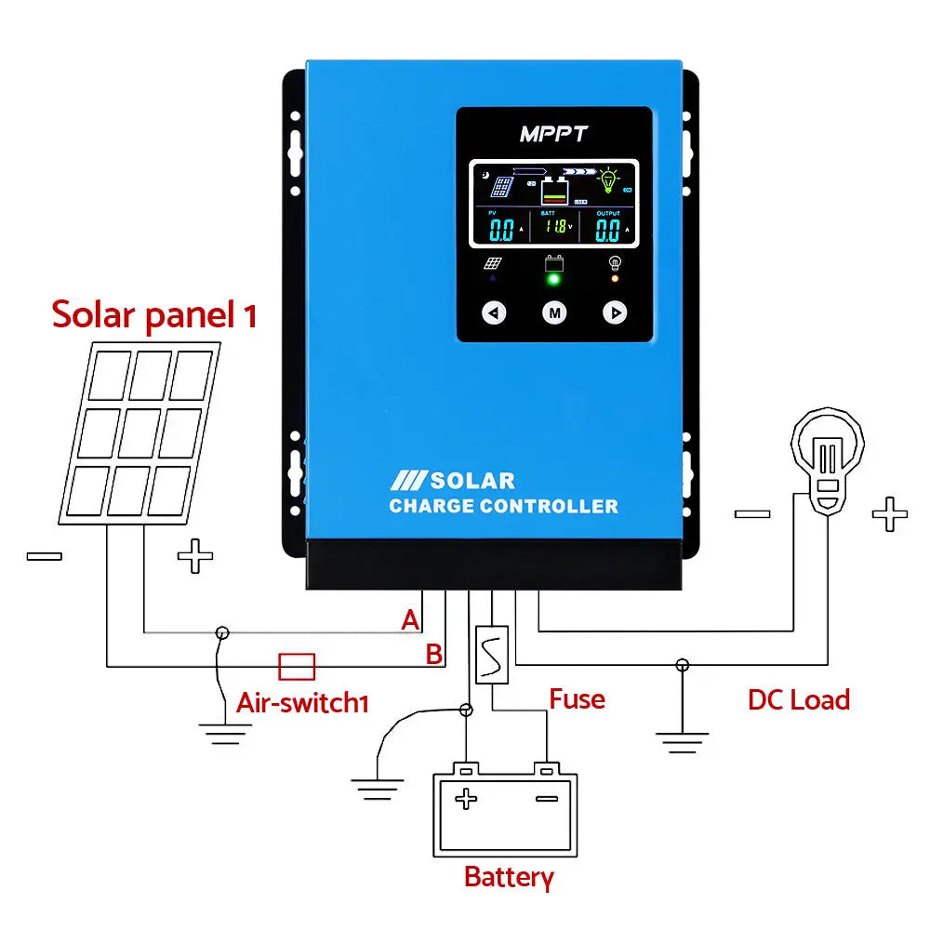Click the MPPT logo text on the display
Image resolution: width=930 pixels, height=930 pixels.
pos(553,134)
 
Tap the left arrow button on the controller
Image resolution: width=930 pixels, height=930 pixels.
pos(494,312)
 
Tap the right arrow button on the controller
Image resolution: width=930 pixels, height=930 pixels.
pos(615,312)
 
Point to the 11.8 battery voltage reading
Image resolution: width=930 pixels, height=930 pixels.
pos(554,227)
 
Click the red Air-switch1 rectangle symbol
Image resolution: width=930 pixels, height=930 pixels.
pos(297,666)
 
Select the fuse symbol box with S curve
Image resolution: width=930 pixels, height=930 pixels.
pos(491,656)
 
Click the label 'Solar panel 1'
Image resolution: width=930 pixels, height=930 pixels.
pos(154,315)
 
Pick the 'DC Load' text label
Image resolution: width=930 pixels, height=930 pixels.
pos(799,699)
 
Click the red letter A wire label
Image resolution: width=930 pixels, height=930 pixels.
pos(410,620)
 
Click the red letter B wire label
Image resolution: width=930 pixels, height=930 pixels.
pos(433,655)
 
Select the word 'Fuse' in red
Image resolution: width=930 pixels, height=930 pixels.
pos(577,698)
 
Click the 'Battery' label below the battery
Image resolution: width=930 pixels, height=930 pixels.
pos(509,877)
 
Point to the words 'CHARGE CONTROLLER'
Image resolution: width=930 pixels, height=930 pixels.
pos(503,507)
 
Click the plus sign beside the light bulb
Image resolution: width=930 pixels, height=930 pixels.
pos(888,513)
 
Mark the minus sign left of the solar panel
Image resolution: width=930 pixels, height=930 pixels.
pos(44,556)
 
